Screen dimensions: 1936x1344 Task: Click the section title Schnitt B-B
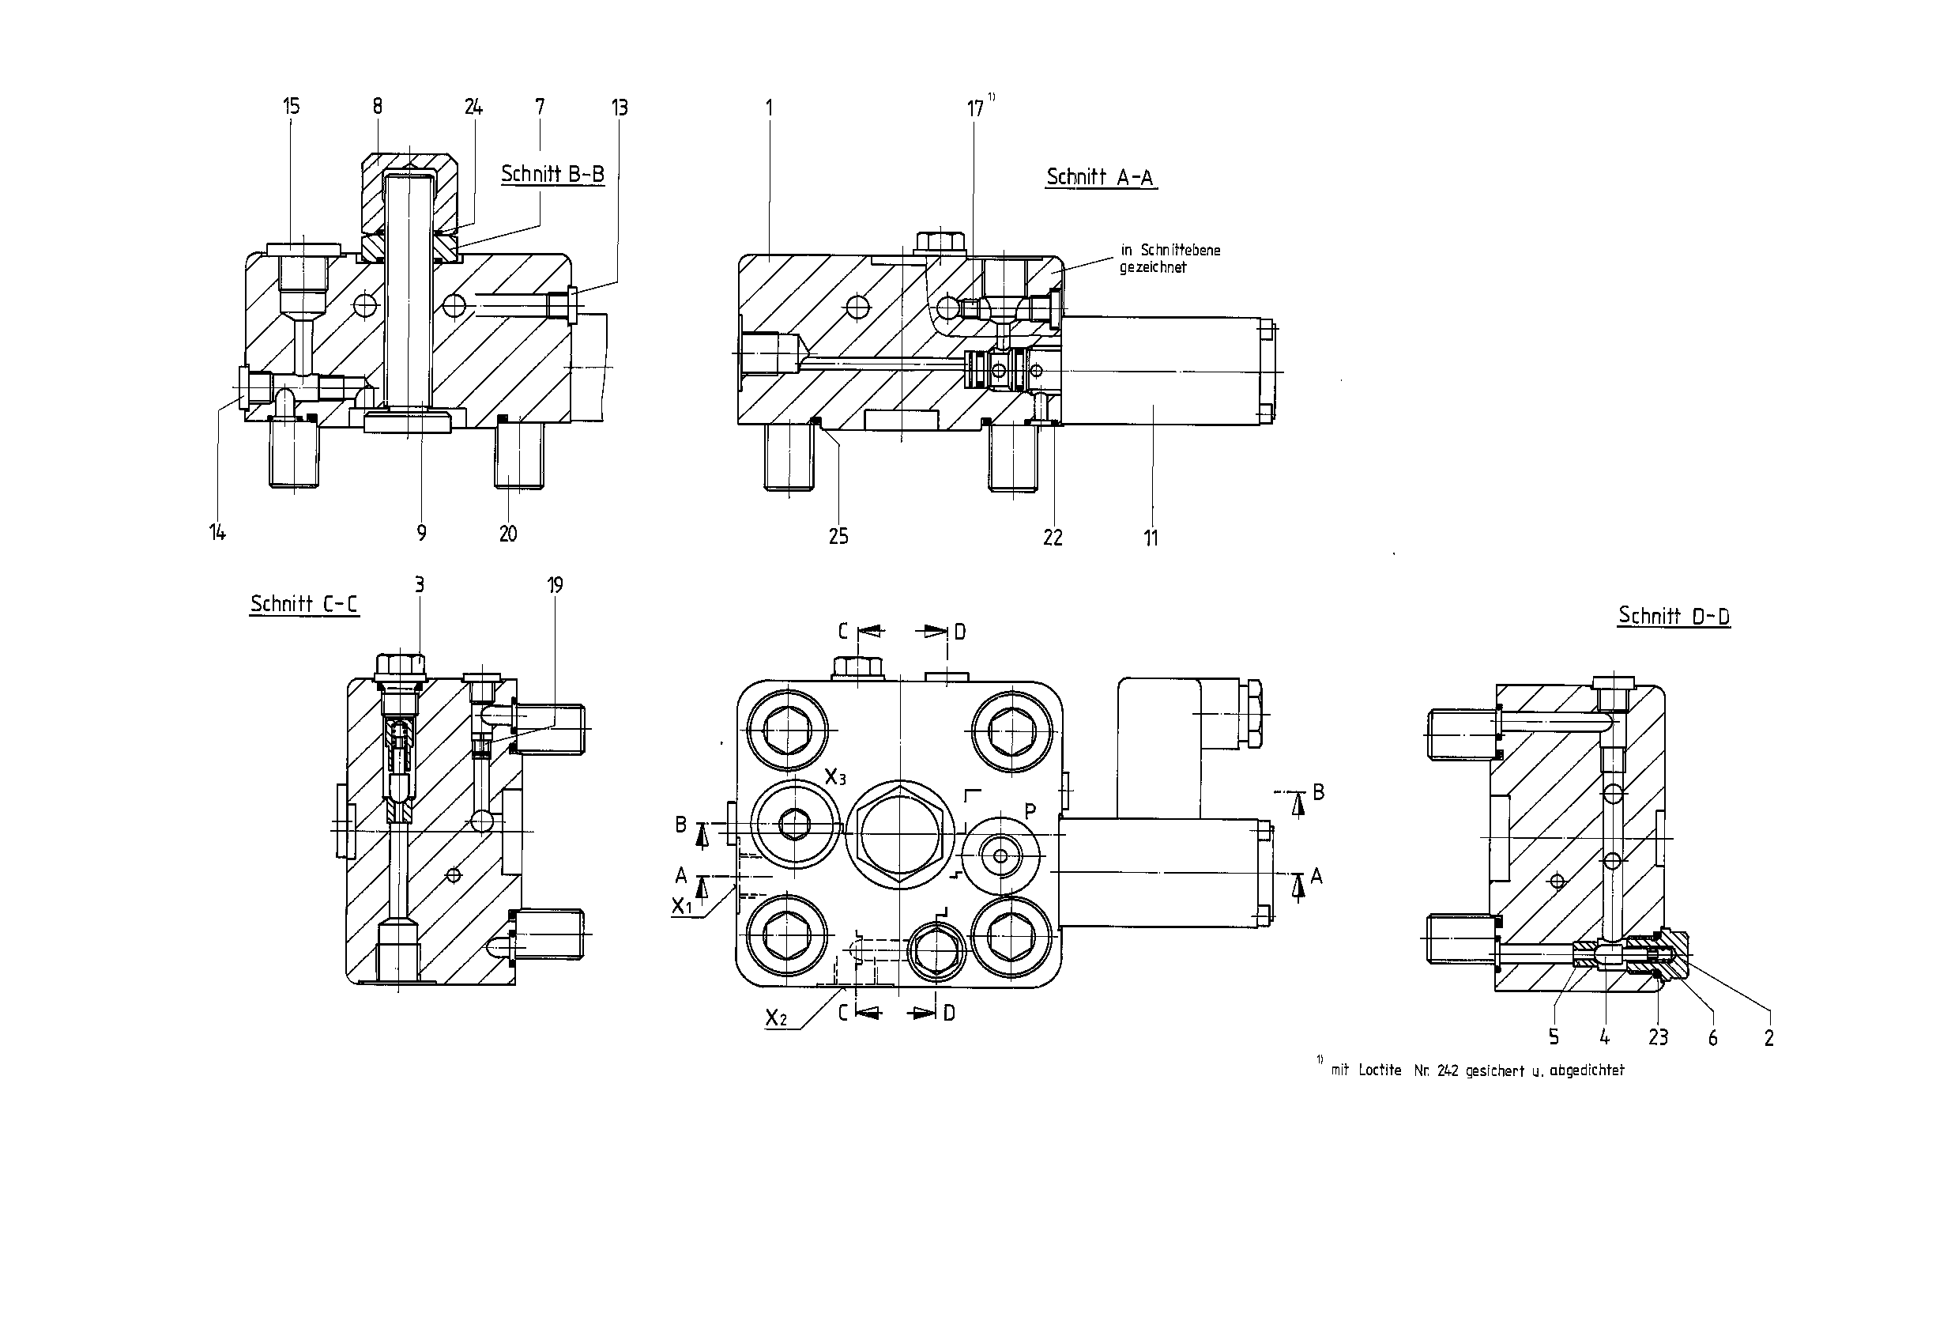tap(552, 173)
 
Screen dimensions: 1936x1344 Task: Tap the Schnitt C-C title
tap(304, 604)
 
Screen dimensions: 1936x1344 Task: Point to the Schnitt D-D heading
tap(1674, 616)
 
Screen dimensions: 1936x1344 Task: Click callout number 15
tap(291, 106)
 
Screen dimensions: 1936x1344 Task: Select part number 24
tap(474, 106)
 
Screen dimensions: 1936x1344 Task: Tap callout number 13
tap(620, 107)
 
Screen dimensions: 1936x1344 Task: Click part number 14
tap(217, 532)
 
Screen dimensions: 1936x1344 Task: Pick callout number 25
tap(838, 537)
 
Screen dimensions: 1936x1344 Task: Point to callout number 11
tap(1151, 538)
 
